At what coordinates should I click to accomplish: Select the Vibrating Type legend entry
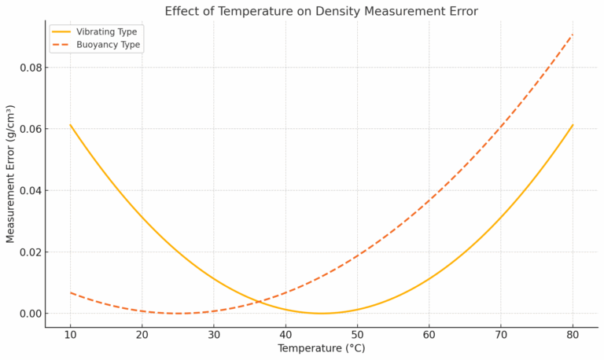pos(106,31)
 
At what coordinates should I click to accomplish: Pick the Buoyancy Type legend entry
pos(108,45)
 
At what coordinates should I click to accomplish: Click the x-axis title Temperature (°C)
pos(321,348)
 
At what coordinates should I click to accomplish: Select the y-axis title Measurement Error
pos(11,174)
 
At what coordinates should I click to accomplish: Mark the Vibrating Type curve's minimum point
pos(322,314)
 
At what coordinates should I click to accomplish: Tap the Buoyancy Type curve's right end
pos(573,35)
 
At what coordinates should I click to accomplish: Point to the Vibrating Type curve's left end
pos(71,125)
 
